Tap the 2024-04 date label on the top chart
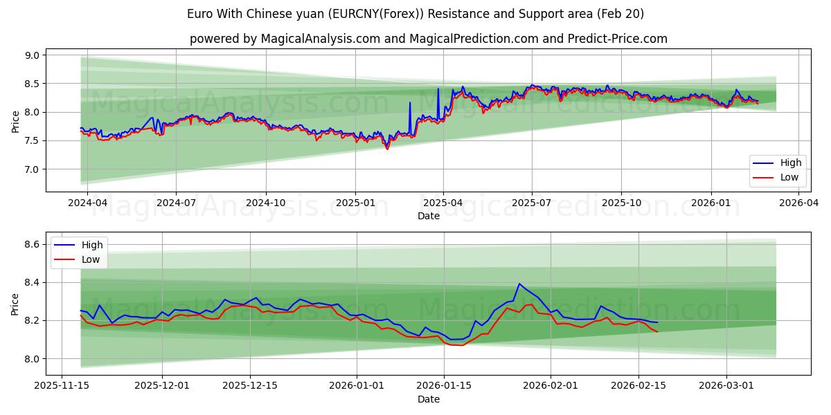pyautogui.click(x=87, y=203)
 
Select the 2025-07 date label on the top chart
pyautogui.click(x=531, y=203)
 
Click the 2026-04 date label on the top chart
pyautogui.click(x=799, y=203)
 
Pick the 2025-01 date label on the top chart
pyautogui.click(x=355, y=203)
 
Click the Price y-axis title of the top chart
pyautogui.click(x=15, y=122)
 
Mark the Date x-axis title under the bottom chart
pyautogui.click(x=428, y=399)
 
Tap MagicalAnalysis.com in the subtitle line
pyautogui.click(x=320, y=39)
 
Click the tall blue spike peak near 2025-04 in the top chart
pyautogui.click(x=438, y=89)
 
